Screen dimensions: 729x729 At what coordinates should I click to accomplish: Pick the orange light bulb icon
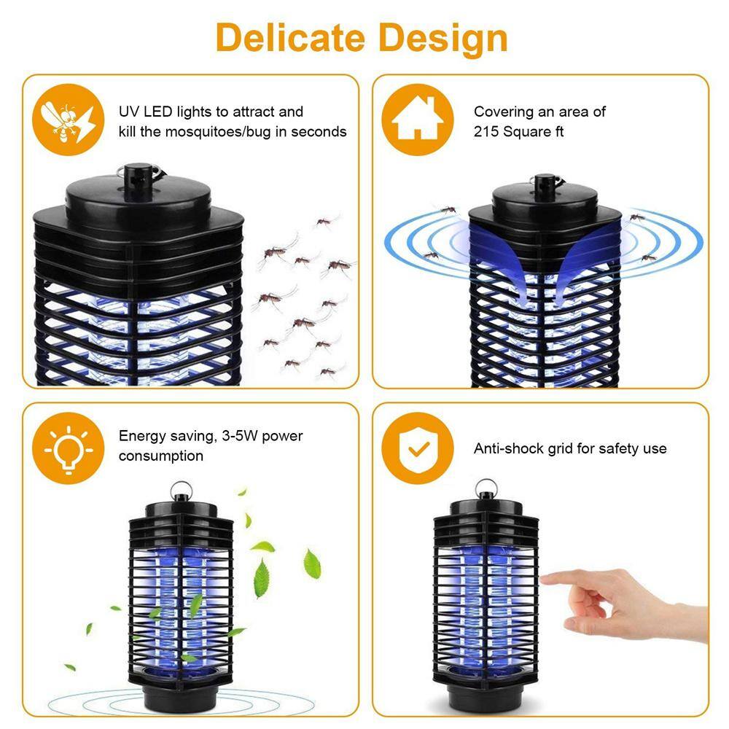point(64,445)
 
